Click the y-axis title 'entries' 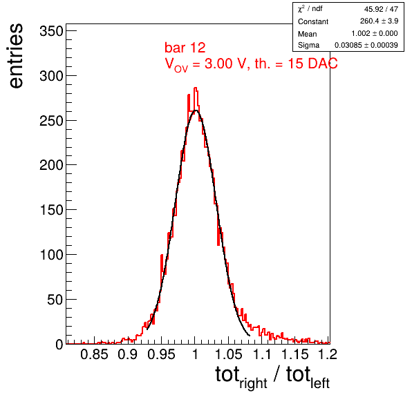17,56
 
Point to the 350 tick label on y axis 51,31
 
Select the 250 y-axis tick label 51,121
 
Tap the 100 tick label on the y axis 51,255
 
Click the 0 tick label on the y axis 59,344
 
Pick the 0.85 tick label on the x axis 94,354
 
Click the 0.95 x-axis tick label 161,354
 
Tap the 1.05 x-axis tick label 228,354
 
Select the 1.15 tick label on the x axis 295,354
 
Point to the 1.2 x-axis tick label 328,354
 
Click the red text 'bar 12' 185,48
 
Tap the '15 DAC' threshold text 312,64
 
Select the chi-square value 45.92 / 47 381,9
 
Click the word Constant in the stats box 313,21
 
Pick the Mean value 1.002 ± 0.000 375,33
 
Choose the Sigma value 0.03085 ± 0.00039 366,45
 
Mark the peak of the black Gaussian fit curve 196,110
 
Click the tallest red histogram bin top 196,88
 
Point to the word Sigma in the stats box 308,45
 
